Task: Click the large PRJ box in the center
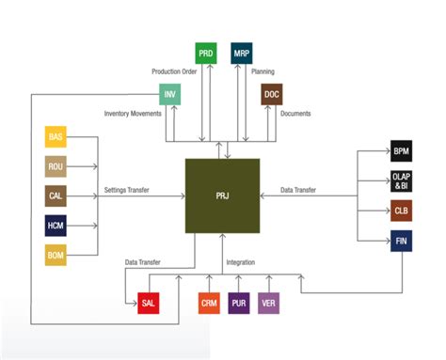pyautogui.click(x=222, y=196)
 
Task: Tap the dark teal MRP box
pyautogui.click(x=241, y=54)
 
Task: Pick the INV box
pyautogui.click(x=169, y=93)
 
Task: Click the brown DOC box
pyautogui.click(x=272, y=93)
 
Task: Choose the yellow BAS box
pyautogui.click(x=56, y=137)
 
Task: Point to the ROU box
pyautogui.click(x=56, y=166)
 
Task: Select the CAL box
pyautogui.click(x=56, y=196)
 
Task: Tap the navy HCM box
pyautogui.click(x=56, y=225)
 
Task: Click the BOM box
pyautogui.click(x=56, y=254)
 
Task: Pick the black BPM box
pyautogui.click(x=402, y=150)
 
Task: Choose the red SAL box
pyautogui.click(x=149, y=303)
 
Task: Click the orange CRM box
pyautogui.click(x=209, y=303)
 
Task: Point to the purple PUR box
pyautogui.click(x=239, y=303)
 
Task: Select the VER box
pyautogui.click(x=269, y=303)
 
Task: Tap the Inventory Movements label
pyautogui.click(x=132, y=115)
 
